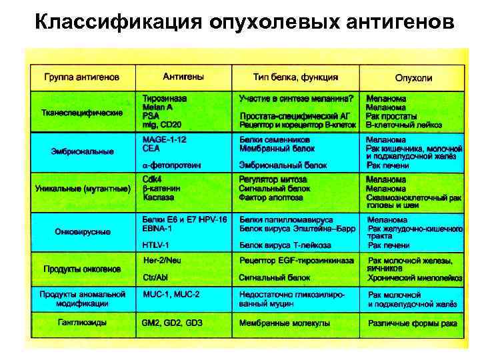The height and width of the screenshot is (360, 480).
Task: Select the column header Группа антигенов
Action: click(x=82, y=77)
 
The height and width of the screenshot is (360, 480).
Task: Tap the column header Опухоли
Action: click(x=413, y=78)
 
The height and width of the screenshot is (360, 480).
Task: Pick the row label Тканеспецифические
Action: click(x=81, y=113)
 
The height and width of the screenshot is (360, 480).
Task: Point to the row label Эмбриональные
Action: click(x=82, y=151)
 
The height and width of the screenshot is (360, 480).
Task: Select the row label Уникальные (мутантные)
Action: click(x=82, y=189)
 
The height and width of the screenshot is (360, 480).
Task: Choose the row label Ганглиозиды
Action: click(x=82, y=323)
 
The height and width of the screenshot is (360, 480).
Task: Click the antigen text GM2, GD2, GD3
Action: click(x=172, y=323)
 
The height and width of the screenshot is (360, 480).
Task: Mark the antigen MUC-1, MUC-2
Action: click(x=171, y=293)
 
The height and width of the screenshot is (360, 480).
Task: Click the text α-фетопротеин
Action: click(x=172, y=165)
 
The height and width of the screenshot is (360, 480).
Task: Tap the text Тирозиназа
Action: click(x=165, y=98)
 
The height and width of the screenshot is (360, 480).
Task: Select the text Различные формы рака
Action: click(x=411, y=323)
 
